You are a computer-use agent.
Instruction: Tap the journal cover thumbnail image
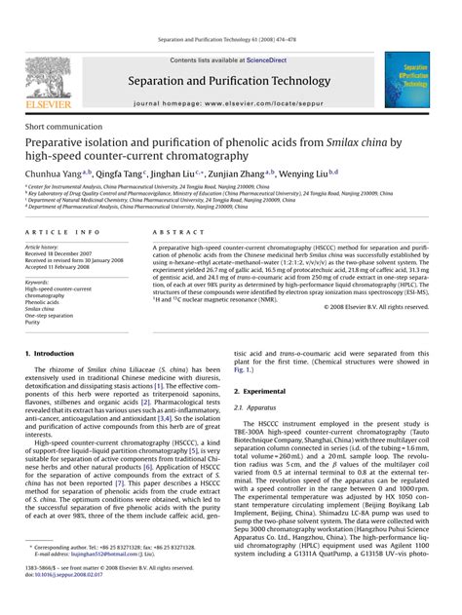click(406, 80)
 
